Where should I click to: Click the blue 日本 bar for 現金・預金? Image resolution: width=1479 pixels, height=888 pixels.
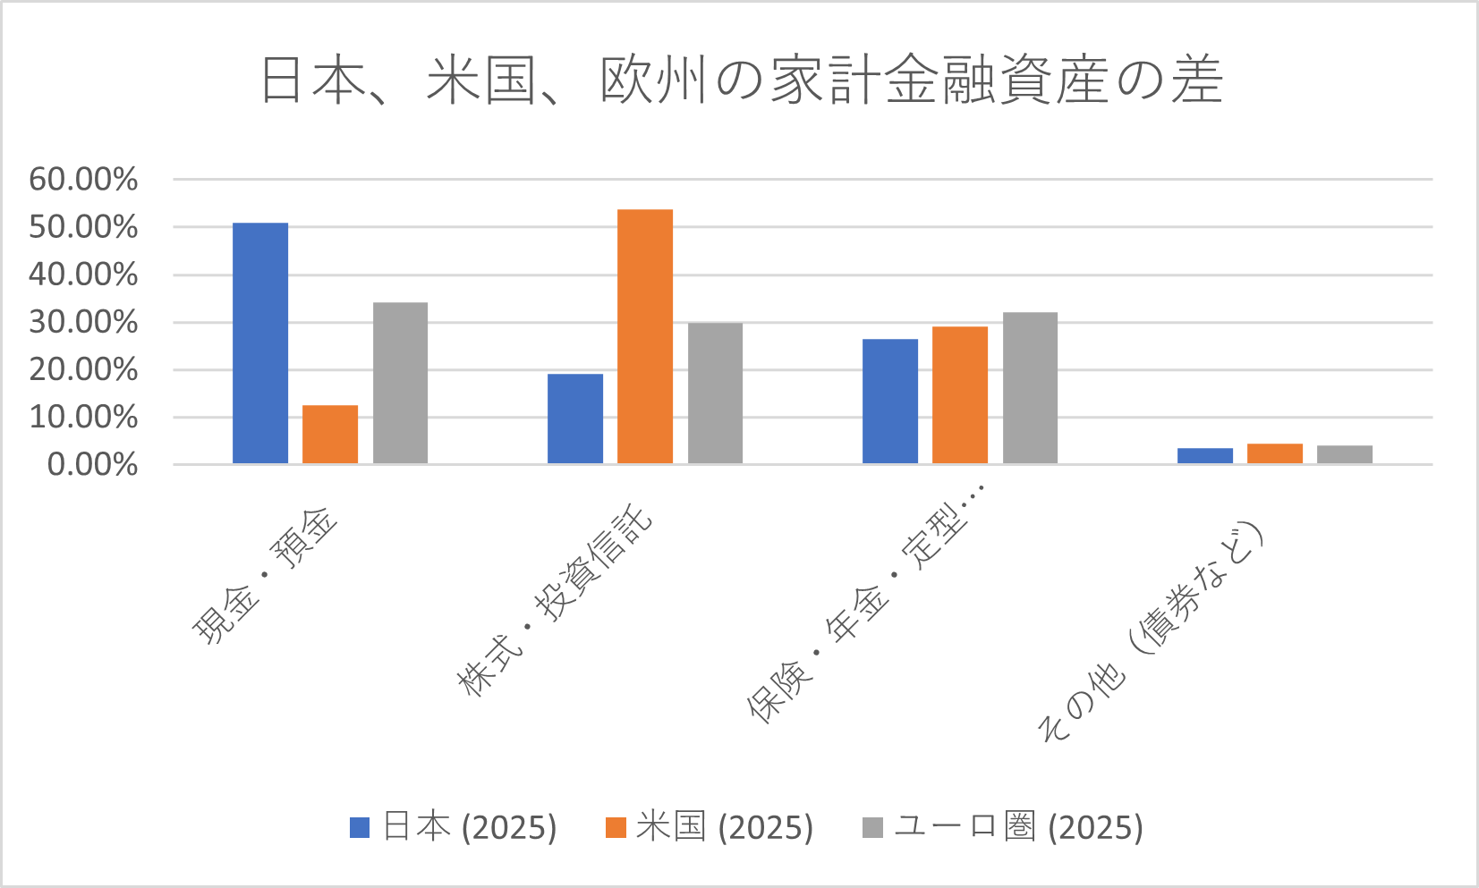pyautogui.click(x=260, y=343)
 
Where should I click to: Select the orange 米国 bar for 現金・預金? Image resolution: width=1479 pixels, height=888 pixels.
pyautogui.click(x=330, y=435)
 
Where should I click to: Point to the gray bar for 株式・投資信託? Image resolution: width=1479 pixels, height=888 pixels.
pyautogui.click(x=715, y=393)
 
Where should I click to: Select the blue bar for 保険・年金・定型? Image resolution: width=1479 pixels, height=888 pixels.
pyautogui.click(x=890, y=402)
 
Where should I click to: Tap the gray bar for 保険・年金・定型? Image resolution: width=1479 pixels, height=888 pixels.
pyautogui.click(x=1030, y=388)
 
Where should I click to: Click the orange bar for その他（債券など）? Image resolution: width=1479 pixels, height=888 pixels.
pyautogui.click(x=1275, y=453)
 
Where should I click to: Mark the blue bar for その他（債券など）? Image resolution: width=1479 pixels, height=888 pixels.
pyautogui.click(x=1205, y=455)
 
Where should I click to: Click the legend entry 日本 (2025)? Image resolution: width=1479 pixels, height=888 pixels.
pyautogui.click(x=454, y=827)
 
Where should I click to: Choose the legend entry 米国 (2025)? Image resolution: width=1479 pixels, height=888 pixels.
pyautogui.click(x=710, y=827)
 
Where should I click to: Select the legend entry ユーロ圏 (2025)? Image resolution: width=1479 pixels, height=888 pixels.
pyautogui.click(x=1003, y=827)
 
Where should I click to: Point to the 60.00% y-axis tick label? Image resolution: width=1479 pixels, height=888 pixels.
pyautogui.click(x=83, y=180)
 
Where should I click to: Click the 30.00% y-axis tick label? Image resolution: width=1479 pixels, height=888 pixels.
pyautogui.click(x=83, y=322)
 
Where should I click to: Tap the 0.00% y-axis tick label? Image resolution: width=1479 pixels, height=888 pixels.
pyautogui.click(x=92, y=465)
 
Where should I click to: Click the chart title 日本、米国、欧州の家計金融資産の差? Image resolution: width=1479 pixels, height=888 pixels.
pyautogui.click(x=741, y=80)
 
